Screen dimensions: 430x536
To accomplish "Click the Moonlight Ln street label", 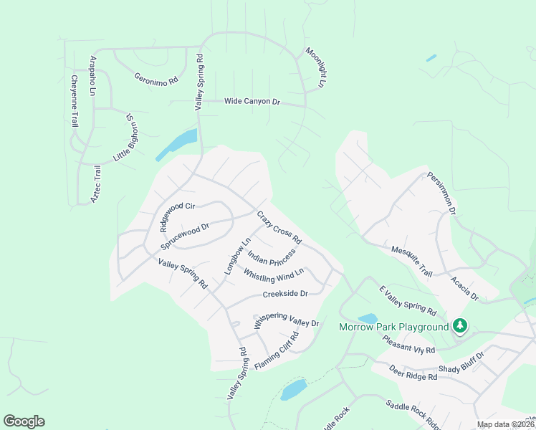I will coord(315,68).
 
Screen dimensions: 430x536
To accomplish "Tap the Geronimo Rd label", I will coord(155,79).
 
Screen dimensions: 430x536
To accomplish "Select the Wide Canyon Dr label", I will coord(252,102).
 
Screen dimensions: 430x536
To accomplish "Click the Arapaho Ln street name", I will coord(92,75).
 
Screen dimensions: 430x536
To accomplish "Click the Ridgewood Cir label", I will coord(178,216).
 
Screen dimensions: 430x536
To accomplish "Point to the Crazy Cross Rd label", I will coord(279,227).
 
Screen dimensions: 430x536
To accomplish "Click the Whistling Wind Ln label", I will coord(274,274).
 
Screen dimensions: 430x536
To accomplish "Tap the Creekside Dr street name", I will coord(285,294).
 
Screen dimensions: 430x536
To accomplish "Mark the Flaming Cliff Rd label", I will coord(276,350).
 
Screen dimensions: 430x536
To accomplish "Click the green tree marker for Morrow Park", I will coord(459,327).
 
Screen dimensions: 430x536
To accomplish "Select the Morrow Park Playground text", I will coord(393,328).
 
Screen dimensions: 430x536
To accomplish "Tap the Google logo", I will coord(24,421).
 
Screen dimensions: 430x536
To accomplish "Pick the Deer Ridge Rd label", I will coord(413,373).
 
